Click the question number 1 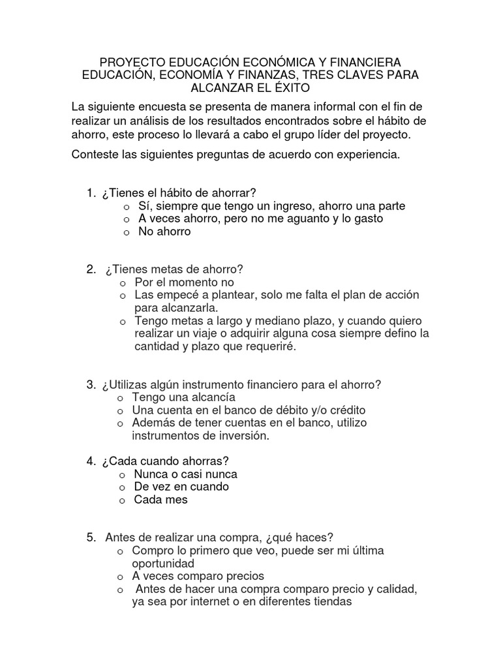tap(89, 192)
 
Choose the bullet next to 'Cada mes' tap(122, 500)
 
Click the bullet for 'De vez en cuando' tap(122, 487)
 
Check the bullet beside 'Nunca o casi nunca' tap(122, 475)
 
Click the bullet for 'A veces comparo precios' tap(120, 577)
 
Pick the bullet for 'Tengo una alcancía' tap(120, 398)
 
